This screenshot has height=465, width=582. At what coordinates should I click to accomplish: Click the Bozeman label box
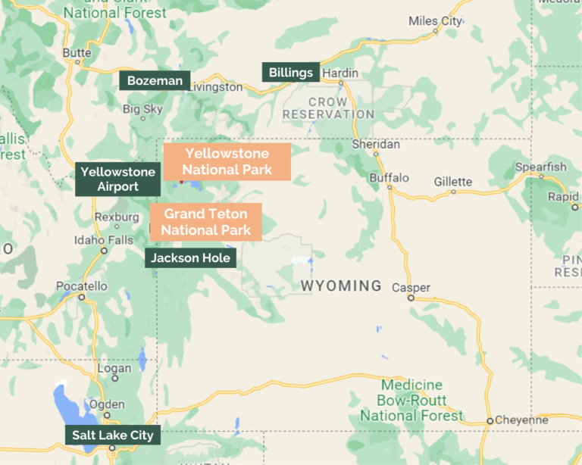pos(154,81)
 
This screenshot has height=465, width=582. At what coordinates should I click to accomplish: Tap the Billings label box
pos(290,73)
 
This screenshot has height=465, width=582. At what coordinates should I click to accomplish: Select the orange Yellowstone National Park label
pos(227,162)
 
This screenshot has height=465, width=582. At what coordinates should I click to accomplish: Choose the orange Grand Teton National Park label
pos(205,222)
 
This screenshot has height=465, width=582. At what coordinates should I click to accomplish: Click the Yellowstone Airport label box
pos(117,179)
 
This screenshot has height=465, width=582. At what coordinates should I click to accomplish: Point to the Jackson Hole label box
pos(190,258)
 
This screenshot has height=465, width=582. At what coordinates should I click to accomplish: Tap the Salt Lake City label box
pos(112,435)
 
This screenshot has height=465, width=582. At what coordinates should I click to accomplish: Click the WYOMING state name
pos(341,286)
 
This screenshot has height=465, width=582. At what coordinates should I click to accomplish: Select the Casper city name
pos(411,288)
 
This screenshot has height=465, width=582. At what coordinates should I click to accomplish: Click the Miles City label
pos(435,21)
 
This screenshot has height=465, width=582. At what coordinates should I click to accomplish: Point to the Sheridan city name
pos(376,144)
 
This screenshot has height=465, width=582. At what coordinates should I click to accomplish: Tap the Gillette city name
pos(452,182)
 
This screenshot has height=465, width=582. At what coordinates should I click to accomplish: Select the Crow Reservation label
pos(328,108)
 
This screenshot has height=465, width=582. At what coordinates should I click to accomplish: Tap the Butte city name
pos(77,52)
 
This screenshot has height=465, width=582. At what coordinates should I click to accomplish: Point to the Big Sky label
pos(142,109)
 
